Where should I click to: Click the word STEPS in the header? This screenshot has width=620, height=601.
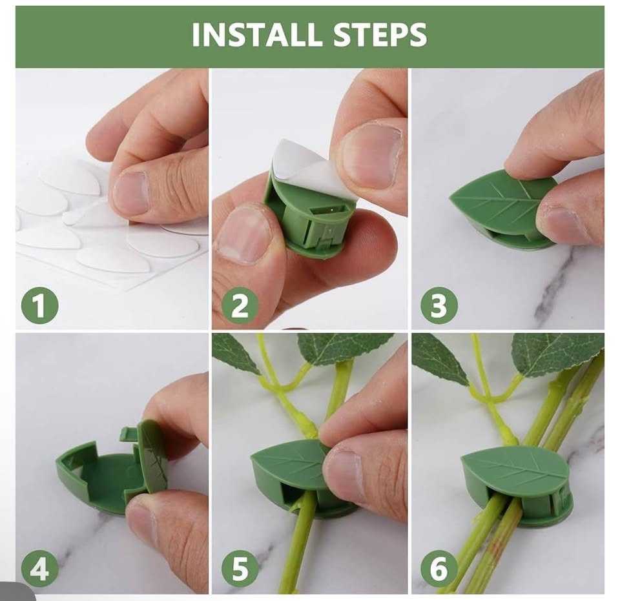coord(380,35)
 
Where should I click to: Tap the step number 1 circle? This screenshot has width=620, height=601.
coord(39,305)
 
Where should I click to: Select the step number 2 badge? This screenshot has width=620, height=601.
coord(240,305)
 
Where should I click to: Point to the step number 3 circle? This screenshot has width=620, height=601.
coord(439,305)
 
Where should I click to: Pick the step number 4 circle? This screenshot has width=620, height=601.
coord(39,569)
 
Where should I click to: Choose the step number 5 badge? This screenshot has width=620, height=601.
coord(240,569)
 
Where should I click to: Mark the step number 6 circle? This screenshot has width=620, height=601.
coord(439,569)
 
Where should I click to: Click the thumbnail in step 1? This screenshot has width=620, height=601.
coord(131,192)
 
